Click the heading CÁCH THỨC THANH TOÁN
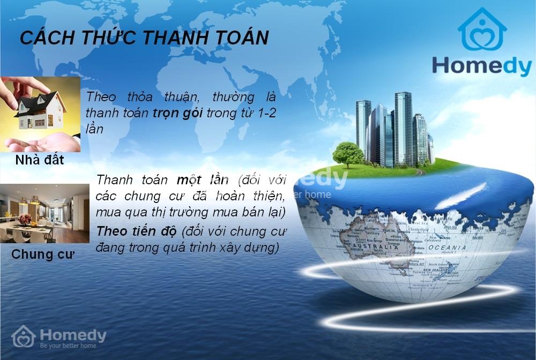click(x=144, y=37)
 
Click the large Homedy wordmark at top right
click(x=481, y=66)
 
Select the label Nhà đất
click(x=40, y=160)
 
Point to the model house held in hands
click(x=40, y=111)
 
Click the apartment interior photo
click(x=44, y=213)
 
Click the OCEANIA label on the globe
click(x=446, y=247)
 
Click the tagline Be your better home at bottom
click(x=68, y=346)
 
